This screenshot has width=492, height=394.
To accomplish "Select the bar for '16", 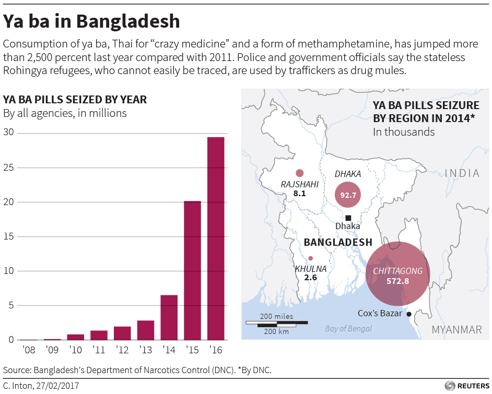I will (216, 238).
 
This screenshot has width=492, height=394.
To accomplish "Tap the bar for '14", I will (169, 317).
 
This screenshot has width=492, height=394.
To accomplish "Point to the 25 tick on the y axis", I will (8, 168).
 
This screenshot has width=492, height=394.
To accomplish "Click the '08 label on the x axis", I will (29, 349).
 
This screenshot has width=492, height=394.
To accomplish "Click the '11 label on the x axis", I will (99, 349).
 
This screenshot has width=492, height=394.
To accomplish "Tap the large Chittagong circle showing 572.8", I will (397, 274).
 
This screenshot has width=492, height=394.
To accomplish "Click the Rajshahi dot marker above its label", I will (299, 173).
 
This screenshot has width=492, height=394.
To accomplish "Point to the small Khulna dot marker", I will (310, 258).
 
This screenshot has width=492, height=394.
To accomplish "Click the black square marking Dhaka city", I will (348, 218).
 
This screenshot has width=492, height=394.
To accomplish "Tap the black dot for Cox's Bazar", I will (409, 314).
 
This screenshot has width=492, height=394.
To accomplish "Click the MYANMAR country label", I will (456, 330).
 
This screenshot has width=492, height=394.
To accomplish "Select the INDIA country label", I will (462, 173).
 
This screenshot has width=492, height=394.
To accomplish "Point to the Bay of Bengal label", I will (348, 328).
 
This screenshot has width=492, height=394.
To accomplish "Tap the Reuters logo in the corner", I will (466, 386).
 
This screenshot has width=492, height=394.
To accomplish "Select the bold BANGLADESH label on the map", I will (337, 242).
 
